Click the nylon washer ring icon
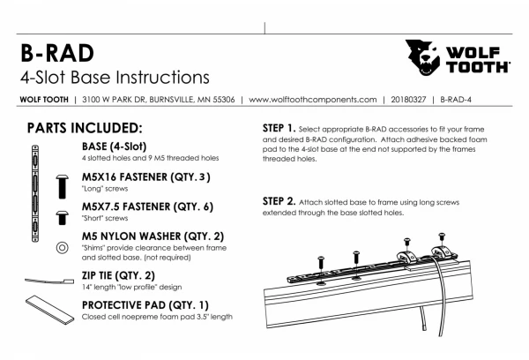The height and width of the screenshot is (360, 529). click(x=63, y=247)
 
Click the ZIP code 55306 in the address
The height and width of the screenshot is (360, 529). click(x=217, y=99)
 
